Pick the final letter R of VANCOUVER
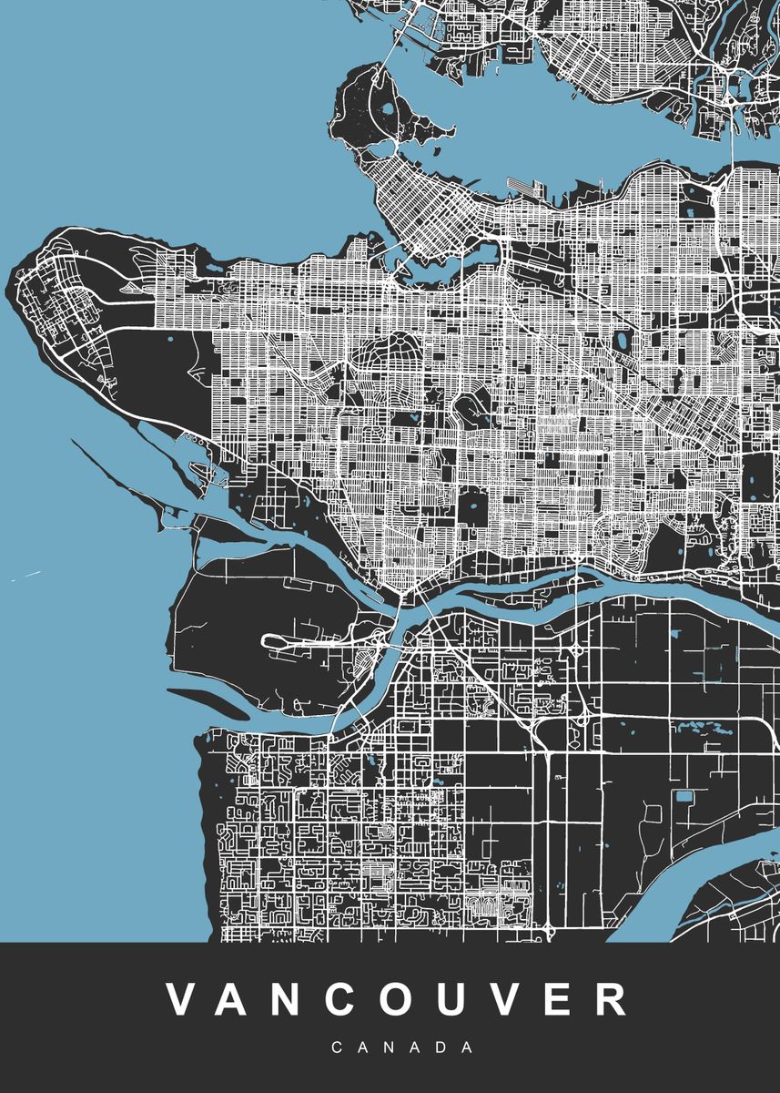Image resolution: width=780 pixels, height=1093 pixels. (x=610, y=999)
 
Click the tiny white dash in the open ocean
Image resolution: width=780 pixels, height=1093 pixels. (x=27, y=576)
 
